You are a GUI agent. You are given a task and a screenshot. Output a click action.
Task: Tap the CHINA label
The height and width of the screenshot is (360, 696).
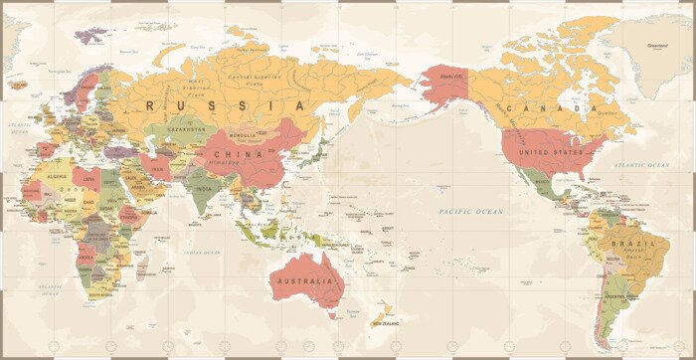[x=246, y=154]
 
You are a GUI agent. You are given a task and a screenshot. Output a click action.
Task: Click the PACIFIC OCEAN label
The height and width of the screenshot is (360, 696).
[x=471, y=212]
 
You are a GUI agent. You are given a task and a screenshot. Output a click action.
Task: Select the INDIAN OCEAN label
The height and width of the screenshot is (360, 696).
[x=202, y=253]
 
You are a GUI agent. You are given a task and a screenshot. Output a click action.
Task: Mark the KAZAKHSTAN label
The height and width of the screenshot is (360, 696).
[x=186, y=129]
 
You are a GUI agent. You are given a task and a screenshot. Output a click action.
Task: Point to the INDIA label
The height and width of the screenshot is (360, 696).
[x=203, y=188]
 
